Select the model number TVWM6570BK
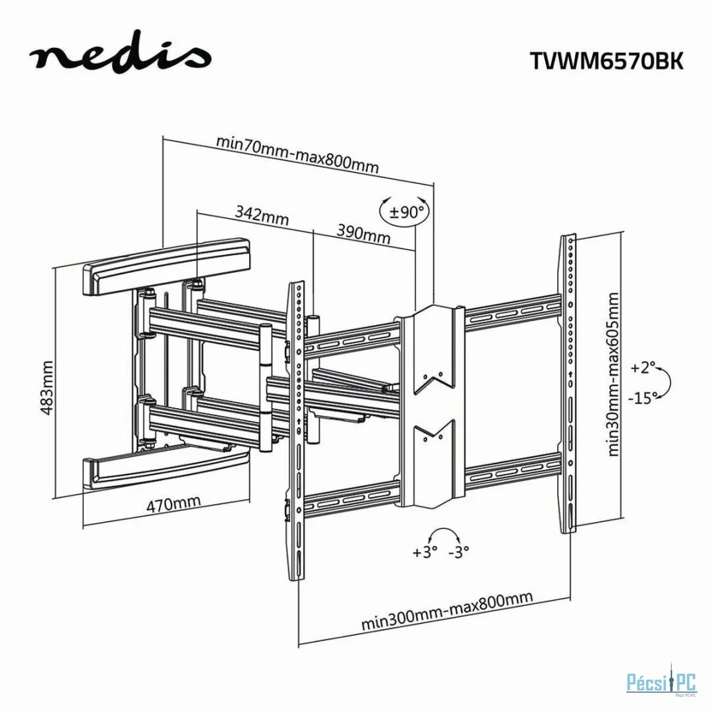point(607,61)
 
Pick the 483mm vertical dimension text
point(47,387)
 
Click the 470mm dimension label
point(173,504)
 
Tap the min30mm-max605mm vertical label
point(614,374)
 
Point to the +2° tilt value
point(643,368)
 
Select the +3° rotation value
point(425,552)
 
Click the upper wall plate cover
point(166,267)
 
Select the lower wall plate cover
point(166,466)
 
